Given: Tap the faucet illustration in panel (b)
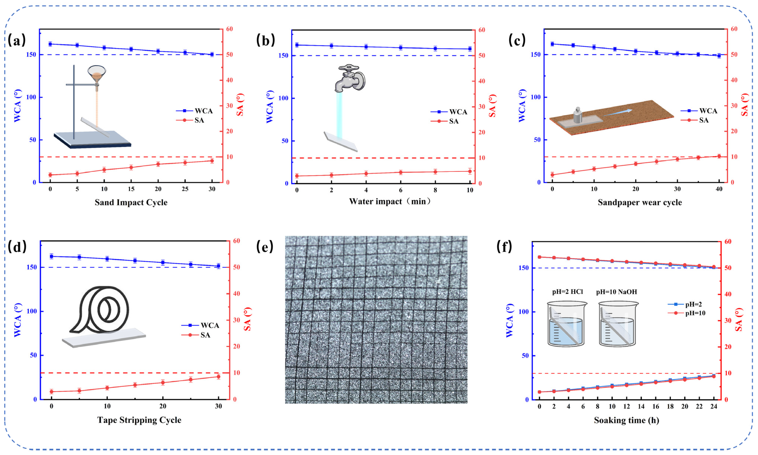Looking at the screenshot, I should point(350,78).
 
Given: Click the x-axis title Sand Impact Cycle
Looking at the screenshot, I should point(131,202).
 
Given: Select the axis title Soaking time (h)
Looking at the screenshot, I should point(626,420).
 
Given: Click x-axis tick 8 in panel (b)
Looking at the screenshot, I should point(435,190).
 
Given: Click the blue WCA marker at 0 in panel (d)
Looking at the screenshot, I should point(52,256).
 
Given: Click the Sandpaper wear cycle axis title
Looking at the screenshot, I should point(640,202).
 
